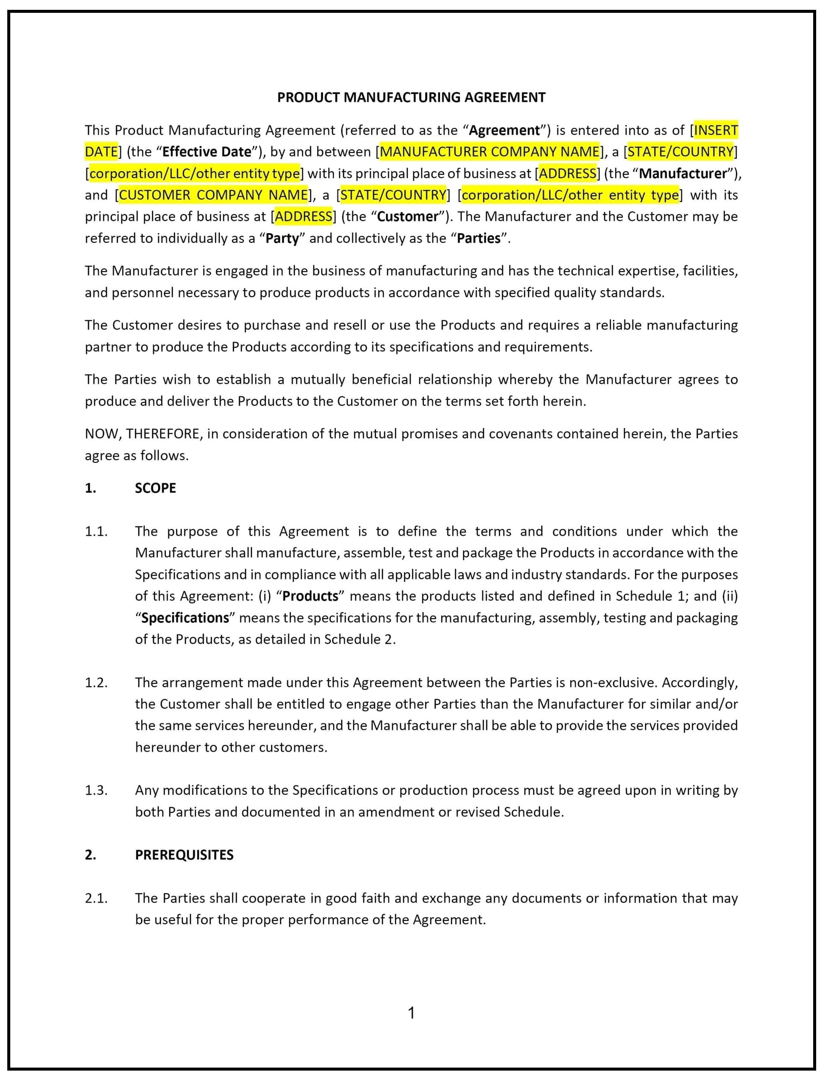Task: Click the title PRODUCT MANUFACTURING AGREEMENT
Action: [x=411, y=97]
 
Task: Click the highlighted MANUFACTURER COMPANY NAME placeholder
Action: [x=489, y=152]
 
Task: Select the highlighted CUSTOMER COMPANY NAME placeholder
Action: [x=213, y=195]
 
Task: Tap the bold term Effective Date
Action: [x=206, y=152]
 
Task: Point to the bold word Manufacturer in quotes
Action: [x=683, y=174]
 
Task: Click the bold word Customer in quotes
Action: [x=408, y=217]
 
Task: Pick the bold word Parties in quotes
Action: [x=479, y=239]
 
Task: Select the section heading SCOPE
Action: [x=155, y=488]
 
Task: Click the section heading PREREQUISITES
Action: [x=184, y=855]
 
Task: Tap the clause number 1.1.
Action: [x=96, y=532]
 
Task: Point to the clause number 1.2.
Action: [x=96, y=683]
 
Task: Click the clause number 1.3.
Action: [x=96, y=791]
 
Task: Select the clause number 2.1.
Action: [x=96, y=898]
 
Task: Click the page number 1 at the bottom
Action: [x=411, y=1012]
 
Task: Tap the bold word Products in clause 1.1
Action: [x=310, y=596]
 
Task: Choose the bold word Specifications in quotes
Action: [x=185, y=618]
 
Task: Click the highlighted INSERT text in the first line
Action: [x=716, y=130]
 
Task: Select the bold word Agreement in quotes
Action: [x=504, y=130]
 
